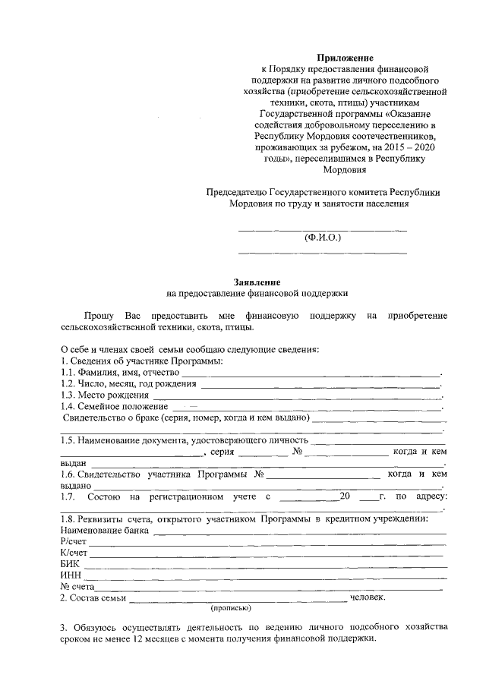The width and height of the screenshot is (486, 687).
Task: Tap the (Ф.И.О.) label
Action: [323, 237]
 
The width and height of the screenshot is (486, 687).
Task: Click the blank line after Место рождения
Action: [296, 397]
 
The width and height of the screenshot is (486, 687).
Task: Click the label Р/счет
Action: [73, 541]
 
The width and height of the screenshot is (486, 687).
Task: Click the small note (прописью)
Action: [231, 608]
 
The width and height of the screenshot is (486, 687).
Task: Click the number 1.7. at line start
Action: [68, 496]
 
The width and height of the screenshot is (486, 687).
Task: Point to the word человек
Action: [368, 597]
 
